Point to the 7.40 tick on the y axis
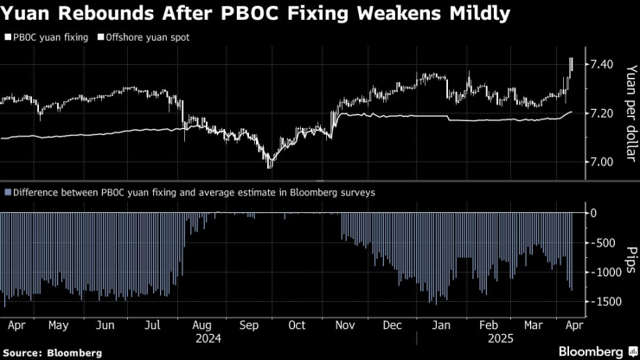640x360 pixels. [601, 65]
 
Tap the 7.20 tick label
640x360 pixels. [601, 113]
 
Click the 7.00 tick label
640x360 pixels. [601, 162]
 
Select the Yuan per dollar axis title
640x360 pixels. [629, 112]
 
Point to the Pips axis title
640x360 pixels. [629, 257]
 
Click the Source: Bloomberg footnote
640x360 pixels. [52, 352]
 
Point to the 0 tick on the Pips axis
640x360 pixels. [592, 213]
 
